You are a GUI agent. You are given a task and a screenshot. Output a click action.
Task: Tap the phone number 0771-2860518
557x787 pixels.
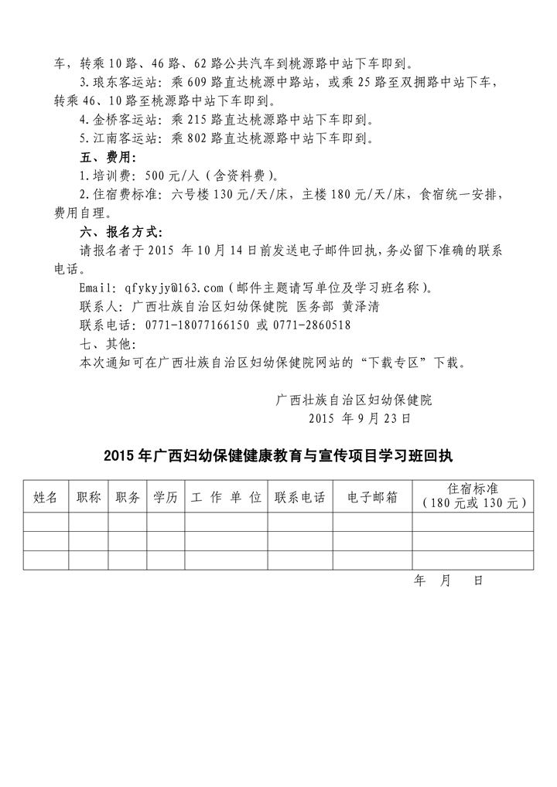[x=313, y=325]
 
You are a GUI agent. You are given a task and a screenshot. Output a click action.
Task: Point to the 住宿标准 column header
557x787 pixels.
[x=473, y=496]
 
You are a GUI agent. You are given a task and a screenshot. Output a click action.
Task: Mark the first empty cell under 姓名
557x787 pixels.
[x=46, y=522]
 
